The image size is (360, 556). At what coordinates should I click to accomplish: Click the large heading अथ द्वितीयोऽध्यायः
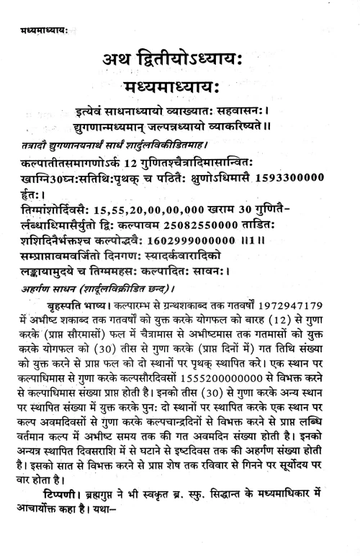coord(180,60)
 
